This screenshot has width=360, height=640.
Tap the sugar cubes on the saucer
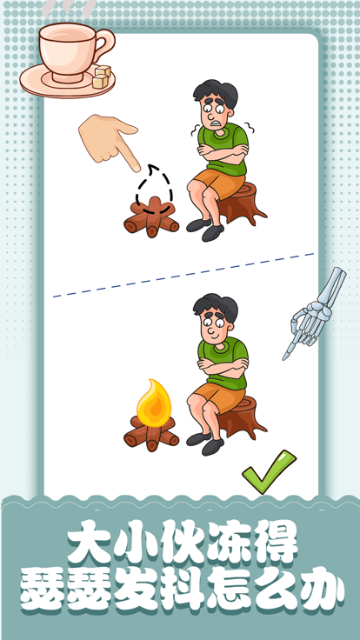tap(101, 77)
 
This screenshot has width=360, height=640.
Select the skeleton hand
tap(312, 312)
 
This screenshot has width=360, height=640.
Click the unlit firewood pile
tap(151, 218)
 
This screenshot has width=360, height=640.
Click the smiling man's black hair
tap(214, 305)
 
